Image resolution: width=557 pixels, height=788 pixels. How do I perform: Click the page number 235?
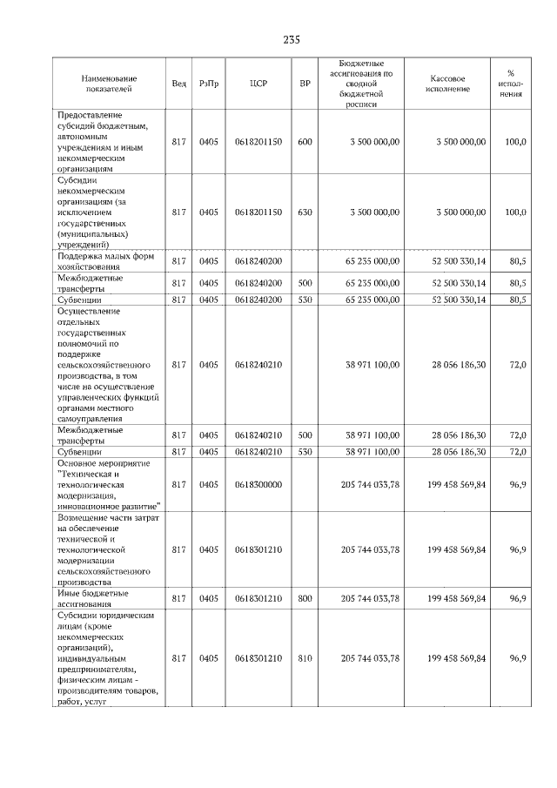point(292,40)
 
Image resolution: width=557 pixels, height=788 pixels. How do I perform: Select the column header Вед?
point(178,84)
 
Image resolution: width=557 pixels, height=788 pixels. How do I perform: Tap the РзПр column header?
point(209,84)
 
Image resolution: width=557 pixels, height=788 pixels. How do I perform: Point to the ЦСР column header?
point(258,84)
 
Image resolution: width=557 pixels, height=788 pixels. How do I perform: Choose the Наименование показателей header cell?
point(109,84)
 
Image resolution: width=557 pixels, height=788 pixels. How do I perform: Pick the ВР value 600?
point(305,141)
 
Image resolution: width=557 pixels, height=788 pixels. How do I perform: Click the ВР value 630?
point(305,212)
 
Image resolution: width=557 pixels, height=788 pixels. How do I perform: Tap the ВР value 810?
point(305,659)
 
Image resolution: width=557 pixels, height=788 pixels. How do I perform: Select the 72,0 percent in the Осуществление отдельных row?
point(517,364)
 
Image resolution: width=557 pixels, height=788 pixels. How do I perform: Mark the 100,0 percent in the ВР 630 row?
point(516,212)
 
